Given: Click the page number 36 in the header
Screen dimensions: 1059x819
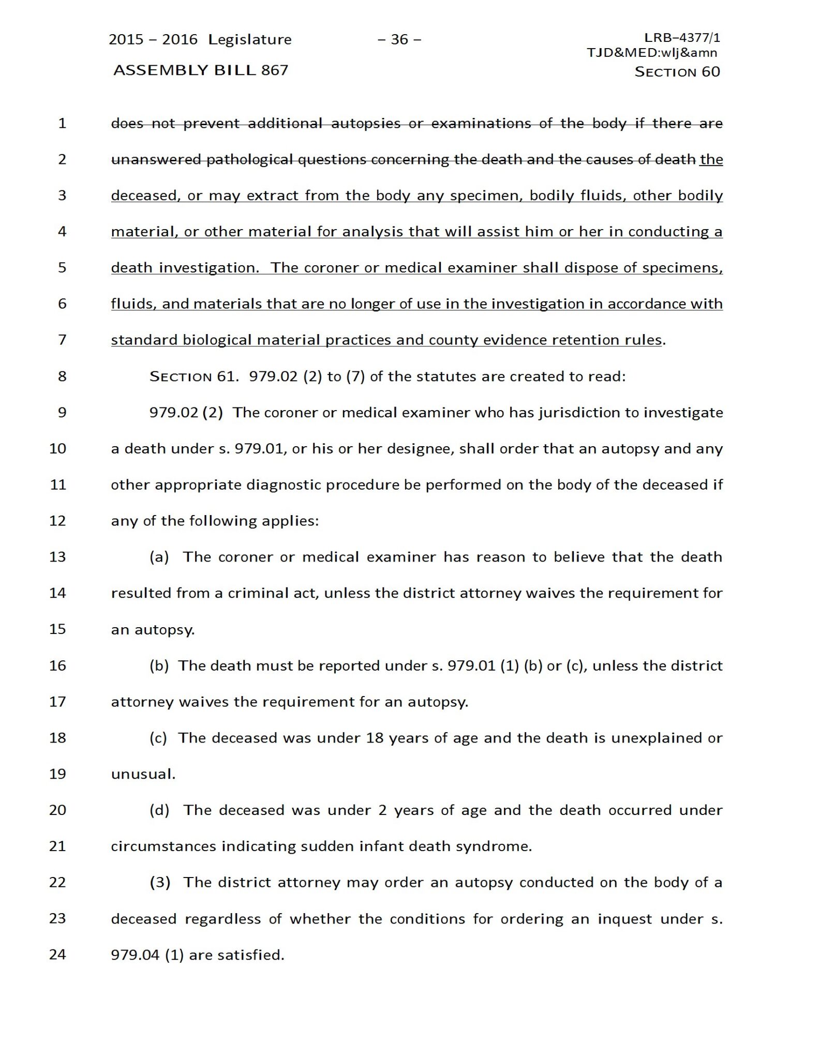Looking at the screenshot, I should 399,39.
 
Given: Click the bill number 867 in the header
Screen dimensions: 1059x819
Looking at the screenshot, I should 275,70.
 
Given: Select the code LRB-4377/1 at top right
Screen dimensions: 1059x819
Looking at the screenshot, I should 682,37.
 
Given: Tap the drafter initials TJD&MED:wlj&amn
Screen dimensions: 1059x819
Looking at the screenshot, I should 652,52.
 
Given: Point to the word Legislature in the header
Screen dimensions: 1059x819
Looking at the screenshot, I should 250,40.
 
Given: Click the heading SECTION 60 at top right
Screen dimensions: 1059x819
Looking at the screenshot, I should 677,72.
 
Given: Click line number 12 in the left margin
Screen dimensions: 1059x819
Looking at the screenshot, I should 58,521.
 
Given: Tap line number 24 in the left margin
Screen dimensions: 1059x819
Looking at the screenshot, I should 58,954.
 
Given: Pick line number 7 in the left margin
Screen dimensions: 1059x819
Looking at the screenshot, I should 62,340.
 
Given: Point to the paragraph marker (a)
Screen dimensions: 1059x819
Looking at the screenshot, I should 159,557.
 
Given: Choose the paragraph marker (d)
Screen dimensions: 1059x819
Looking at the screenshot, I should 159,810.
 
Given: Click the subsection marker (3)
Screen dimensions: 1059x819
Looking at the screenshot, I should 160,882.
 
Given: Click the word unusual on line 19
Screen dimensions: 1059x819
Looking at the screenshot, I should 143,774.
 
